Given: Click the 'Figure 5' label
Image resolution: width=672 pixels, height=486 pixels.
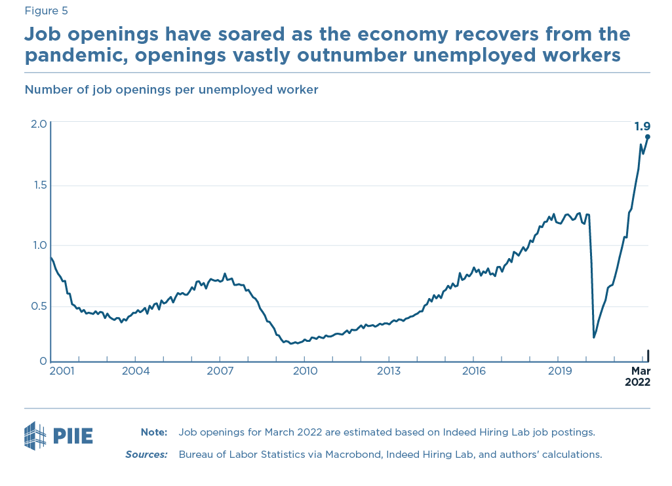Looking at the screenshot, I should tap(46, 10).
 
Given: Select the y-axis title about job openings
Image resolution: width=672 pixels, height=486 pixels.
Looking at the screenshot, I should tap(171, 90).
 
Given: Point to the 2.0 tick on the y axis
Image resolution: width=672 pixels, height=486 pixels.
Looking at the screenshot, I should tap(38, 124).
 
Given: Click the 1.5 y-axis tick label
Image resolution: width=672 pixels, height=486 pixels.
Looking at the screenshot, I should tap(38, 185).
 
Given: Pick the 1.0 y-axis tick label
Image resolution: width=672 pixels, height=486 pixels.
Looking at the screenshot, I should tap(38, 246).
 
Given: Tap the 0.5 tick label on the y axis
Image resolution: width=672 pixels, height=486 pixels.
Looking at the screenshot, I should tap(38, 307).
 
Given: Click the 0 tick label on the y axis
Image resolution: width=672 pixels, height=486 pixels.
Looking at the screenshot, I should tap(43, 361).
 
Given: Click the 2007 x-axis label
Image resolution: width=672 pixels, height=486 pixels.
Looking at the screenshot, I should tap(220, 371).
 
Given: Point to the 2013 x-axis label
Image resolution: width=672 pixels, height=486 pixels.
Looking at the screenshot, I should tap(389, 371).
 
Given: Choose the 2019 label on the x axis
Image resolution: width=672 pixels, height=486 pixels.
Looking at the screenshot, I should tap(559, 371).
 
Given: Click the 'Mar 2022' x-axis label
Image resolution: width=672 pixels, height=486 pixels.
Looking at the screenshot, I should tap(636, 377).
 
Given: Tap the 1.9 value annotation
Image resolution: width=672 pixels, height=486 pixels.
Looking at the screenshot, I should tap(642, 126).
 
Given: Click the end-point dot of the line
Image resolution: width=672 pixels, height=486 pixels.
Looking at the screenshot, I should tap(648, 137).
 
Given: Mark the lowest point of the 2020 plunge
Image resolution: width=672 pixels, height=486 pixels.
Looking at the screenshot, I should tap(594, 337).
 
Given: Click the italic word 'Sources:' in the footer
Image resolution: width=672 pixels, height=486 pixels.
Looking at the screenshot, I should tap(146, 454).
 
